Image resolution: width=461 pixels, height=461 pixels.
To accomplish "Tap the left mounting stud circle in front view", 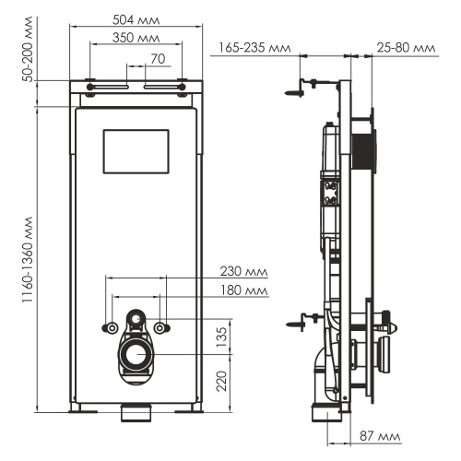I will pos(112,328).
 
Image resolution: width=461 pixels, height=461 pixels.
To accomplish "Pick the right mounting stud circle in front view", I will pos(162,328).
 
